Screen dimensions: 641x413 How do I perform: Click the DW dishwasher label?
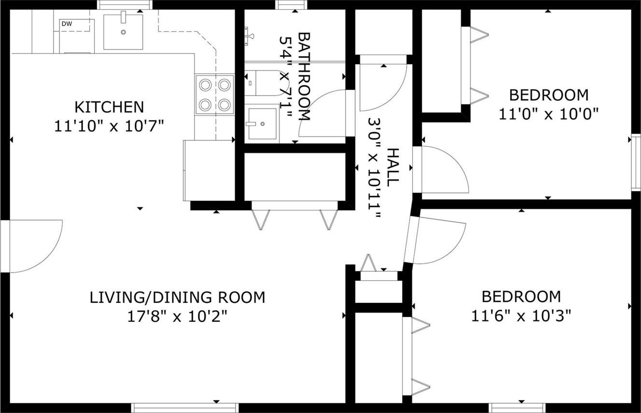click(67, 24)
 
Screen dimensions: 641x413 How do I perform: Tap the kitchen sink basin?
click(123, 32)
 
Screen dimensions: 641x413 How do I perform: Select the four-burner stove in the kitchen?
click(215, 95)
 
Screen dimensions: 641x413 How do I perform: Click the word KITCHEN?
click(109, 107)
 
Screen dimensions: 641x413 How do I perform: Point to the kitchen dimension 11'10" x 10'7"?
click(109, 126)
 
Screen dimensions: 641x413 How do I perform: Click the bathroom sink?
click(263, 124)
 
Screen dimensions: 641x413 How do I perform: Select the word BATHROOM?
click(305, 77)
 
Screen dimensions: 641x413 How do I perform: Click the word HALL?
click(393, 167)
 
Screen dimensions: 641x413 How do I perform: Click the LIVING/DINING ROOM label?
click(178, 298)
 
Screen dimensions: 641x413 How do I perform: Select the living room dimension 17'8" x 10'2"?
click(178, 317)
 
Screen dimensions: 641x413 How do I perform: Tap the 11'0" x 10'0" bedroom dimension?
click(549, 114)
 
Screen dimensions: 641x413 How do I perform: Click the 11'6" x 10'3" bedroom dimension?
click(521, 316)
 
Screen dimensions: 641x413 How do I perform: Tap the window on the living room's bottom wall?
click(185, 407)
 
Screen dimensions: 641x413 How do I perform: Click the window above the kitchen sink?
click(125, 4)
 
